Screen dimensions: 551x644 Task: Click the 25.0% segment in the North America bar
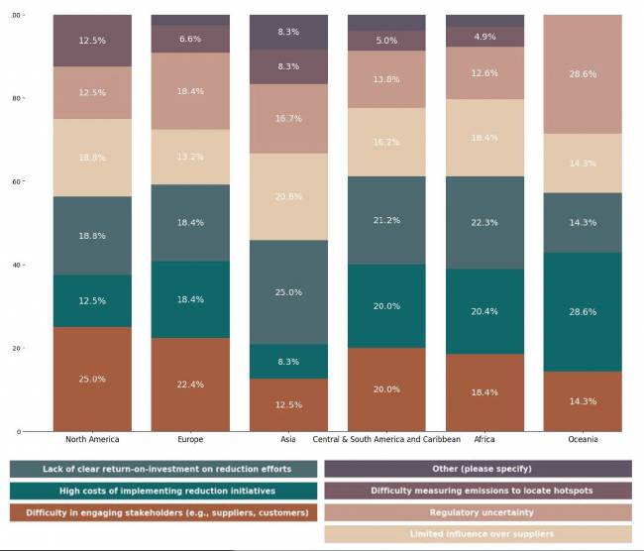tap(92, 379)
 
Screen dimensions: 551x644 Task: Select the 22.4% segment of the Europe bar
tap(190, 385)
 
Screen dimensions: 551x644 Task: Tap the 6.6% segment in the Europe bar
tap(190, 39)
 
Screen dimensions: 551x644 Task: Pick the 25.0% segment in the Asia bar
tap(288, 292)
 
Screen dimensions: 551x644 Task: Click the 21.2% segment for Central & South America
tap(386, 220)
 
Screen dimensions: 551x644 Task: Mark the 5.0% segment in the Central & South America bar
tap(386, 41)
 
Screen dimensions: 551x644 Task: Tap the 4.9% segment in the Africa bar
tap(484, 37)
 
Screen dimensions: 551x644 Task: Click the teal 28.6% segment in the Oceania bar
tap(583, 311)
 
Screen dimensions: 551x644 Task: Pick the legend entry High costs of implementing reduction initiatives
tap(164, 491)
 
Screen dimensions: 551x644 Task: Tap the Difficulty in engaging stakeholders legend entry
tap(164, 512)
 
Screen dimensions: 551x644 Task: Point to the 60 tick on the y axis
tap(16, 182)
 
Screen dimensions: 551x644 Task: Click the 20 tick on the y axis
tap(16, 349)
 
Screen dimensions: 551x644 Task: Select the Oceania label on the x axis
tap(583, 439)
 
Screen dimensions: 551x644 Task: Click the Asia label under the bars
tap(288, 439)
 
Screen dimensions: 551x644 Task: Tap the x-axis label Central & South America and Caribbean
tap(386, 439)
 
